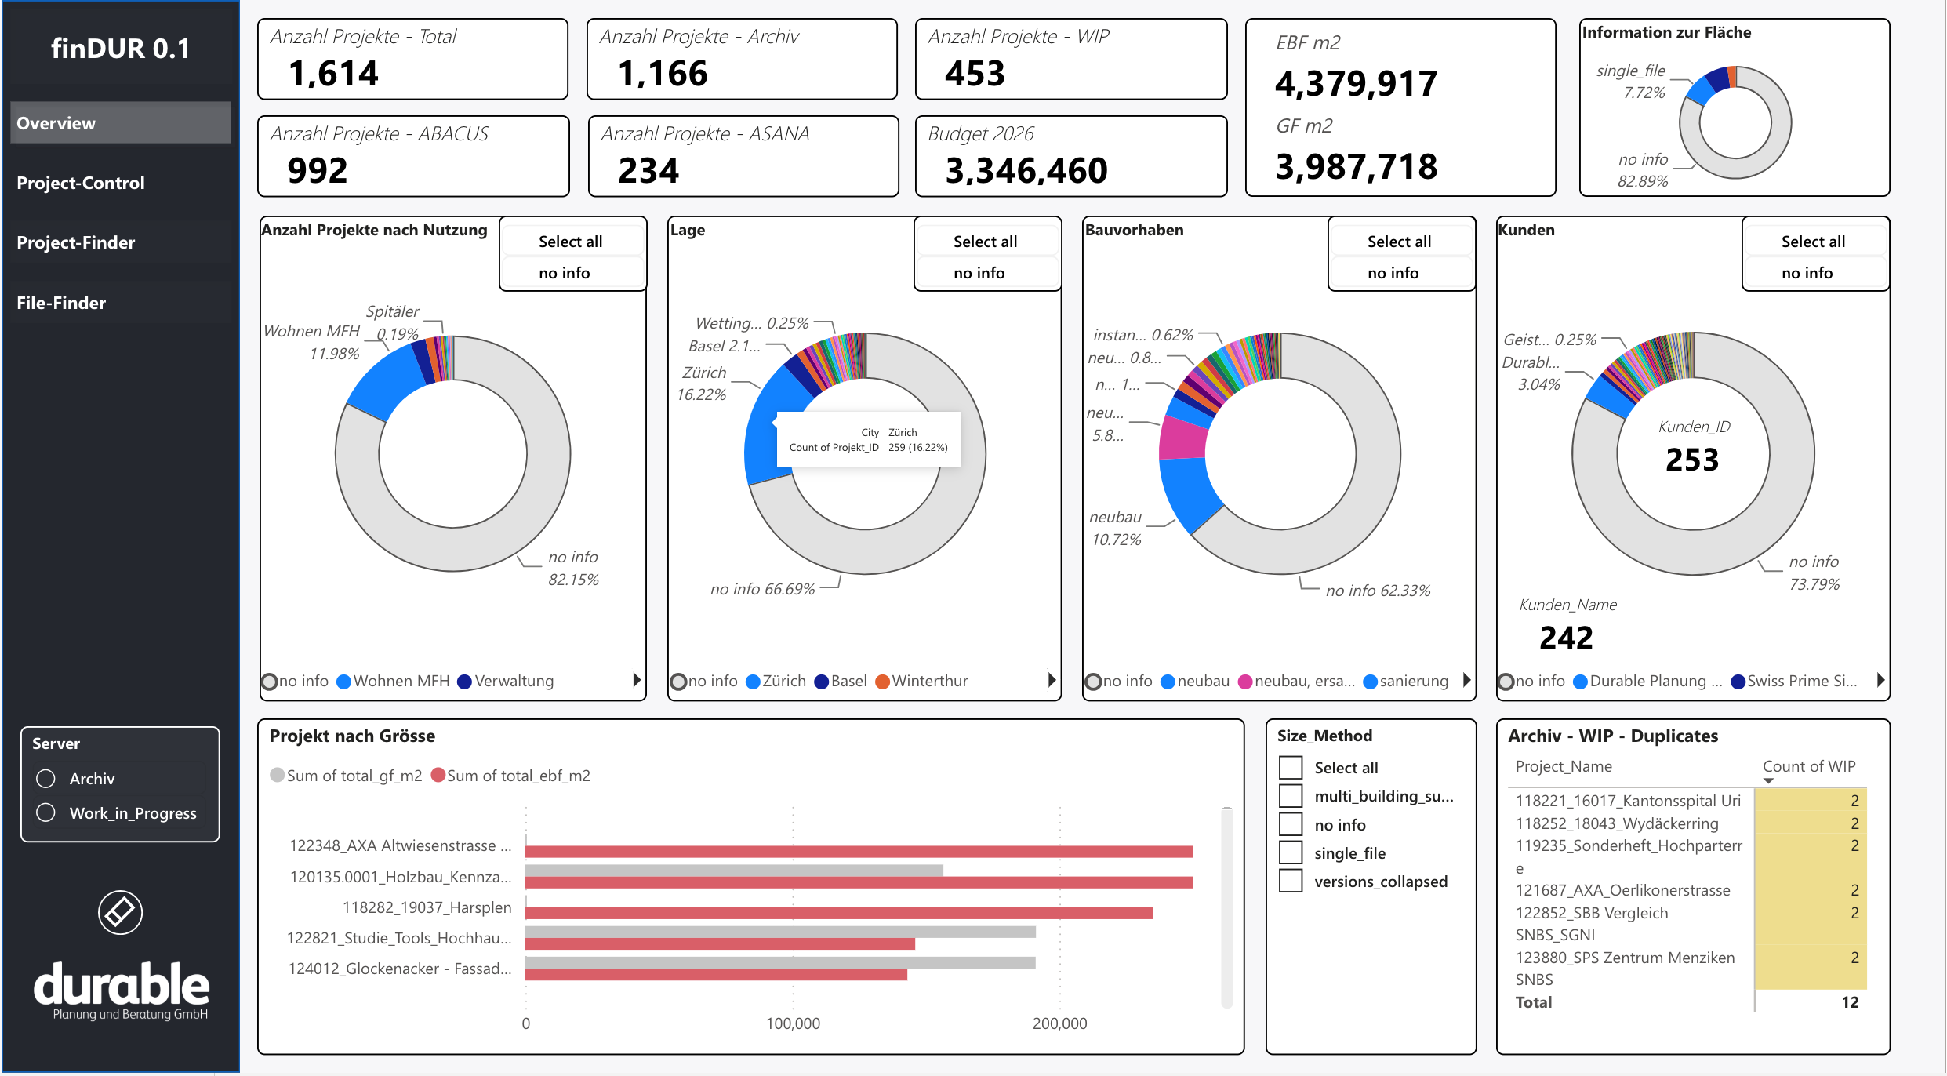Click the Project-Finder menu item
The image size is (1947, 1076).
(x=76, y=242)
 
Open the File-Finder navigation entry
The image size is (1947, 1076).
(x=61, y=303)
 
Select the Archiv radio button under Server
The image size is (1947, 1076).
(x=46, y=778)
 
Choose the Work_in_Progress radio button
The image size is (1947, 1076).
(x=46, y=812)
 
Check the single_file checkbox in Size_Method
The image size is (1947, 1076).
(x=1291, y=852)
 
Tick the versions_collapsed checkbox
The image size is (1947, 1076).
(x=1291, y=881)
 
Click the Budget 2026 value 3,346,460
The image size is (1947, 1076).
(x=1026, y=170)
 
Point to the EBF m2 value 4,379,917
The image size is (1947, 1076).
(x=1356, y=84)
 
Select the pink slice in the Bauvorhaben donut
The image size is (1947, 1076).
(x=1182, y=438)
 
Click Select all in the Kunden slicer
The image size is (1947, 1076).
(x=1813, y=242)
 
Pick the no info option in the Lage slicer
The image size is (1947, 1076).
(x=979, y=273)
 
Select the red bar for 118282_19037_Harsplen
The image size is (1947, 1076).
(x=839, y=913)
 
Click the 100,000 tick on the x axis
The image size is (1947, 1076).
(x=793, y=1023)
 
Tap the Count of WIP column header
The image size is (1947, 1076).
(x=1809, y=766)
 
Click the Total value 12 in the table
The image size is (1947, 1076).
(x=1850, y=1002)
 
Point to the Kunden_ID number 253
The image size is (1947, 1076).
(x=1692, y=460)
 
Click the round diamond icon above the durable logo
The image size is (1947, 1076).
(x=120, y=912)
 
